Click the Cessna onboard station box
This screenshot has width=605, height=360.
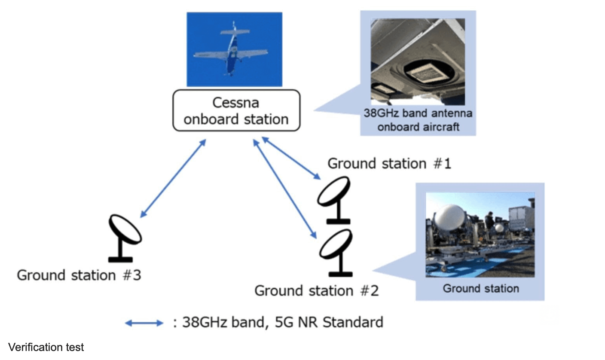pos(236,110)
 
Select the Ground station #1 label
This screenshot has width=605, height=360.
pos(389,164)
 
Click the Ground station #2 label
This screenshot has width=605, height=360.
pos(317,290)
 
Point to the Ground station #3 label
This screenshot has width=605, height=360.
pos(79,275)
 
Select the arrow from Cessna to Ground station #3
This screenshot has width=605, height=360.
pos(173,177)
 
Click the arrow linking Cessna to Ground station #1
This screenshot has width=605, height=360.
pos(291,158)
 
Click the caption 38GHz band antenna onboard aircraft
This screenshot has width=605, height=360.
pos(417,120)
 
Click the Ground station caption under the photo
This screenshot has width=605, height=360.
pos(480,288)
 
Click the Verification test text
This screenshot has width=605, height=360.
pos(46,347)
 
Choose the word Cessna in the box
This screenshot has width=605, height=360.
pos(236,103)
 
